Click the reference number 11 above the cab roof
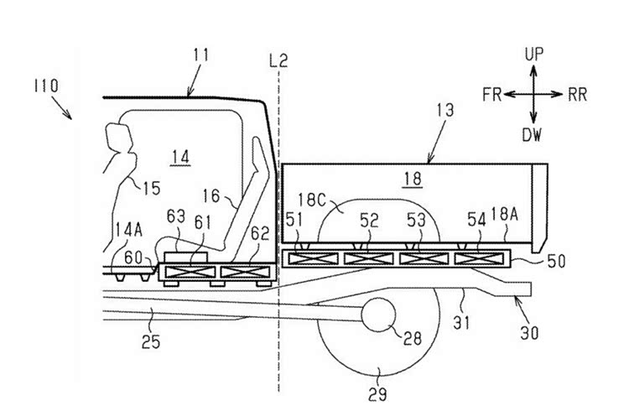(x=201, y=55)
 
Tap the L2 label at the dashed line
(x=278, y=60)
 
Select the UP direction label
(x=534, y=55)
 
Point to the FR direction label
(x=491, y=95)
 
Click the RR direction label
(x=577, y=95)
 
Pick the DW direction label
(x=532, y=135)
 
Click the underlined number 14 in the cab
(x=180, y=157)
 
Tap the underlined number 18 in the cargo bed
(x=413, y=179)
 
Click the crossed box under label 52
(x=369, y=259)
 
